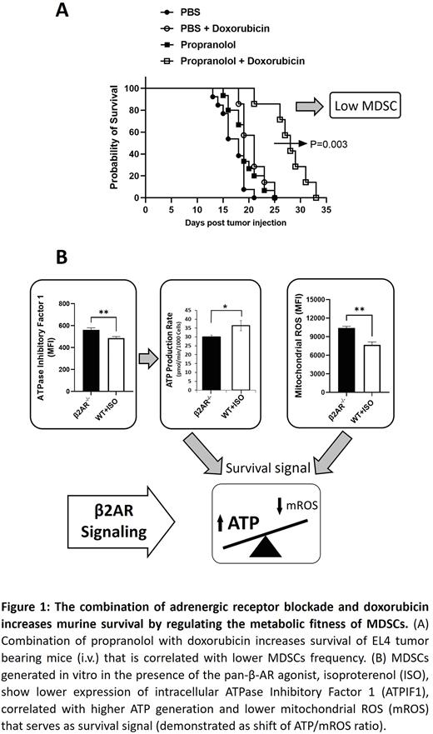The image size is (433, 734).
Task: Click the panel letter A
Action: click(x=62, y=12)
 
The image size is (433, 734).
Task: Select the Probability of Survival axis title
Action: click(x=105, y=142)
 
